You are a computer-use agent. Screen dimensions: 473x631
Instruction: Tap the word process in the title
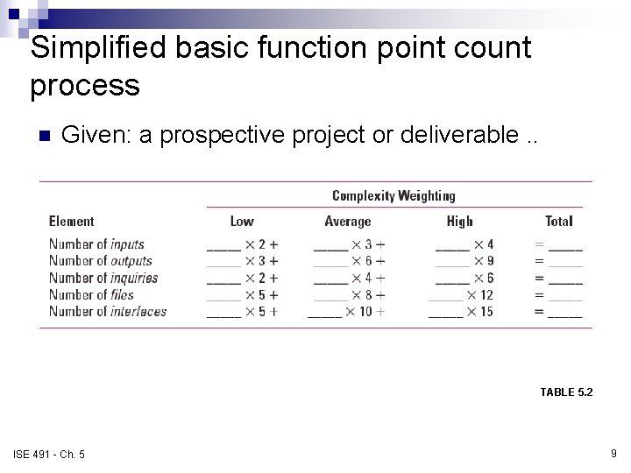point(84,86)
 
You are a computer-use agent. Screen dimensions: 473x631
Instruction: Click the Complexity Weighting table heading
point(393,195)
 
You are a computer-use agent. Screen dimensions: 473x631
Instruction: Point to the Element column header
point(71,222)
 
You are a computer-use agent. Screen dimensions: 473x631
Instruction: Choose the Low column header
point(242,222)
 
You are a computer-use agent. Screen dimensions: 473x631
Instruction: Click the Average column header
point(348,222)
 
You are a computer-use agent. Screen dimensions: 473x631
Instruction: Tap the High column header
point(459,222)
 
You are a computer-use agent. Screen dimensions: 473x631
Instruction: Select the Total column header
point(558,222)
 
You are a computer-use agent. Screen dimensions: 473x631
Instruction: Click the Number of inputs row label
point(96,244)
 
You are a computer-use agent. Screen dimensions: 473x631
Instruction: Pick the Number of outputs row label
point(100,261)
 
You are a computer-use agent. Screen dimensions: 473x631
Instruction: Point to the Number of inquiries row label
point(103,278)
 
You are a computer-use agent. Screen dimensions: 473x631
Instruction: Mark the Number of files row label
point(91,294)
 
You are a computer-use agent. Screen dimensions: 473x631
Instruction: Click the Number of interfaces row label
point(107,311)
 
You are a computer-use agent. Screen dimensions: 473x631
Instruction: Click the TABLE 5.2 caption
point(566,392)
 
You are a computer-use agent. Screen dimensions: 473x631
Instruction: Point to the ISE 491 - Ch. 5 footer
point(49,453)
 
